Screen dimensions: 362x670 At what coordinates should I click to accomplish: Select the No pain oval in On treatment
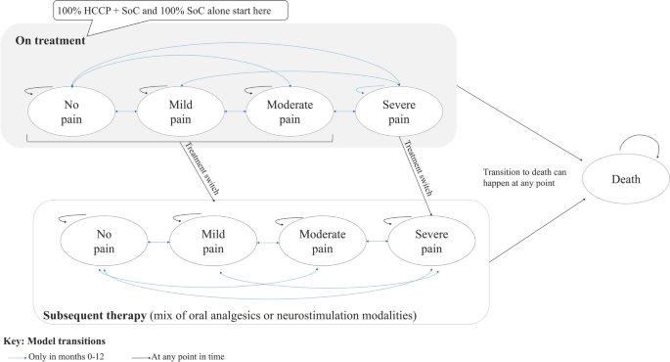71,112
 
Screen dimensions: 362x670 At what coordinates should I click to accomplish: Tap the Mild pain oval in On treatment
177,112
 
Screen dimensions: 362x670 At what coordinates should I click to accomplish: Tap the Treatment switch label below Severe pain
416,164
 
